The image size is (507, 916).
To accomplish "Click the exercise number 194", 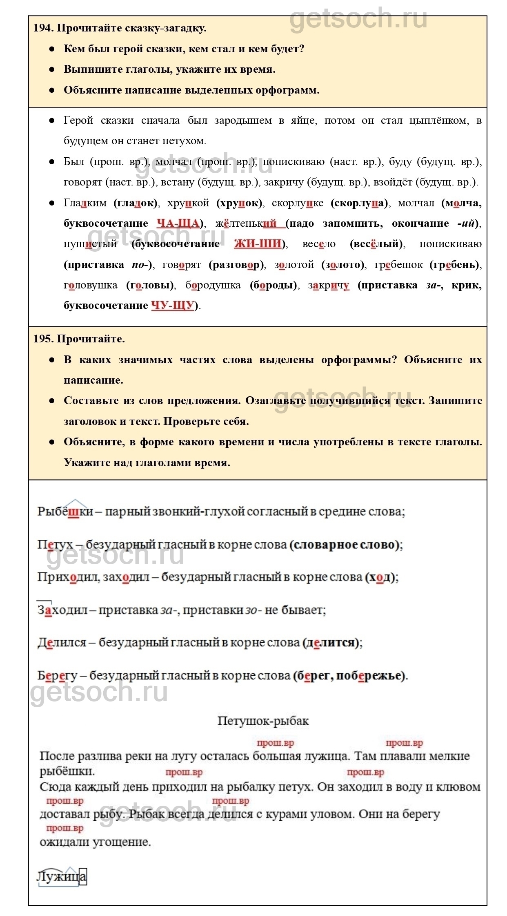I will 43,28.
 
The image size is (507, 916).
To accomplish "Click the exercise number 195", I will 43,339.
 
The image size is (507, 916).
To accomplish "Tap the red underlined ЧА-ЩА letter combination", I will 178,223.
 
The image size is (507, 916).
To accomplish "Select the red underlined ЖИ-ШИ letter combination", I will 258,244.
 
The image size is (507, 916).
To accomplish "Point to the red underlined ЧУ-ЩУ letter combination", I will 172,306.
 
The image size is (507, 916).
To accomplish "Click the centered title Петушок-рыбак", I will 263,721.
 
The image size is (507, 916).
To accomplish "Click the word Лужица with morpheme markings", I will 62,876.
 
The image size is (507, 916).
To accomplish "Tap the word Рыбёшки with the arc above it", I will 65,512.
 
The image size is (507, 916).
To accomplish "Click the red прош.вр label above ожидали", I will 65,828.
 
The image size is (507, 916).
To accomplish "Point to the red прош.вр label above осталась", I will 276,743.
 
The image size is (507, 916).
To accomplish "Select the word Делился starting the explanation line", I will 62,643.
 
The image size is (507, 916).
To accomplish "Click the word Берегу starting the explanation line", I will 57,676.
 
